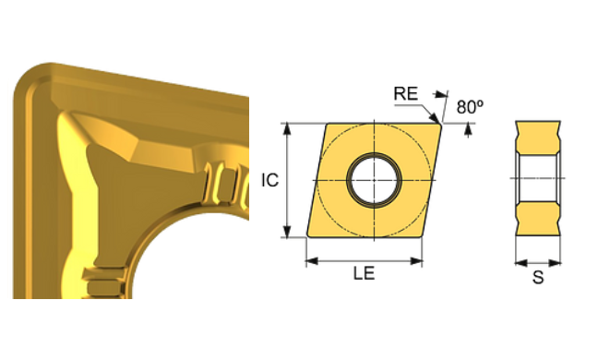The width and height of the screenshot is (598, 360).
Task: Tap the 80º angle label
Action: tap(469, 107)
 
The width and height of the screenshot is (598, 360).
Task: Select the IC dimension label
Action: tap(269, 181)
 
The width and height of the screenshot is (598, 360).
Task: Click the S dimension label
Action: tap(538, 278)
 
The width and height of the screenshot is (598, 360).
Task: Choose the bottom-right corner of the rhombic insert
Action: tap(421, 236)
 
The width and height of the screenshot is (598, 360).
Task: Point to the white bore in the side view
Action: tap(538, 178)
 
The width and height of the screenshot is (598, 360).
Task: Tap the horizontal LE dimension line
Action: tap(364, 262)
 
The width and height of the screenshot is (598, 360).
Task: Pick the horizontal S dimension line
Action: tap(538, 261)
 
